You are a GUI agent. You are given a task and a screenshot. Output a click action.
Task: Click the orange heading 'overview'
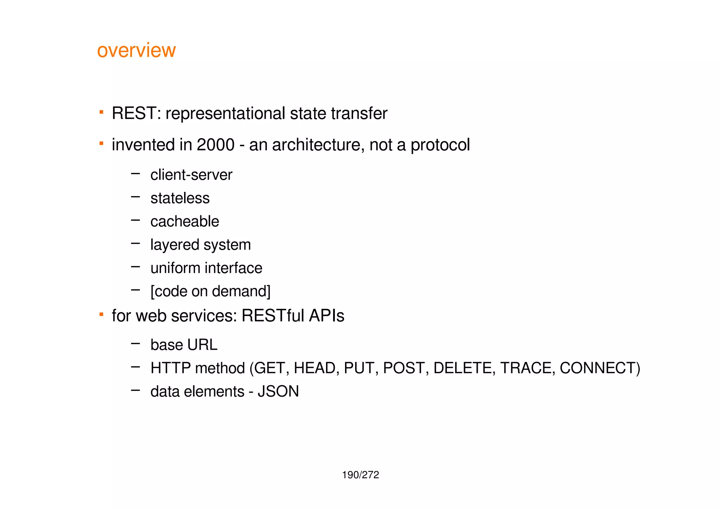[x=136, y=50]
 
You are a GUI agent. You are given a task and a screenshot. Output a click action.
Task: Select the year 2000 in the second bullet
[x=215, y=145]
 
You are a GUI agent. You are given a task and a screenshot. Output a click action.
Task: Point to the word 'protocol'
[x=440, y=145]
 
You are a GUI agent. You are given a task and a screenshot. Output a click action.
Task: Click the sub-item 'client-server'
[x=191, y=175]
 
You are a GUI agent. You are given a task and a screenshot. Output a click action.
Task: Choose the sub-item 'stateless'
[x=180, y=198]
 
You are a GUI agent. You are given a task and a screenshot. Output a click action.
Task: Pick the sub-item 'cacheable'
[x=184, y=222]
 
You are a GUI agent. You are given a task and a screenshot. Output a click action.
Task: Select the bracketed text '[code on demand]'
[x=210, y=291]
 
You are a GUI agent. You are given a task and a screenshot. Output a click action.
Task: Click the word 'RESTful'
[x=273, y=316]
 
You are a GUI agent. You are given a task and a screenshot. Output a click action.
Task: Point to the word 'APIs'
[x=326, y=316]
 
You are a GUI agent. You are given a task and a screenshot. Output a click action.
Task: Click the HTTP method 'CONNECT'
[x=598, y=368]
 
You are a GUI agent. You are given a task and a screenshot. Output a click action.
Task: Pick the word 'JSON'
[x=278, y=392]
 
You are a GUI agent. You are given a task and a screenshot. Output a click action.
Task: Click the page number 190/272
[x=360, y=475]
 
